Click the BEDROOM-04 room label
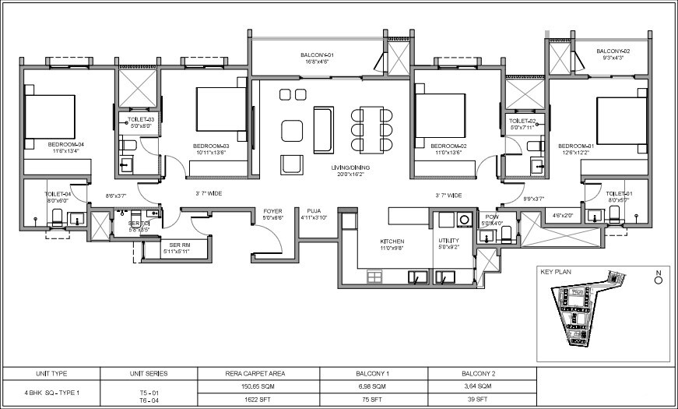click(x=65, y=145)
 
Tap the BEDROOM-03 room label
click(x=211, y=146)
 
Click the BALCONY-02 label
click(x=613, y=51)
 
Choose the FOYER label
click(x=272, y=211)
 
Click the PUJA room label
click(x=314, y=211)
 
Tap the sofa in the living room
click(x=323, y=130)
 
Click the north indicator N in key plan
click(x=659, y=273)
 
